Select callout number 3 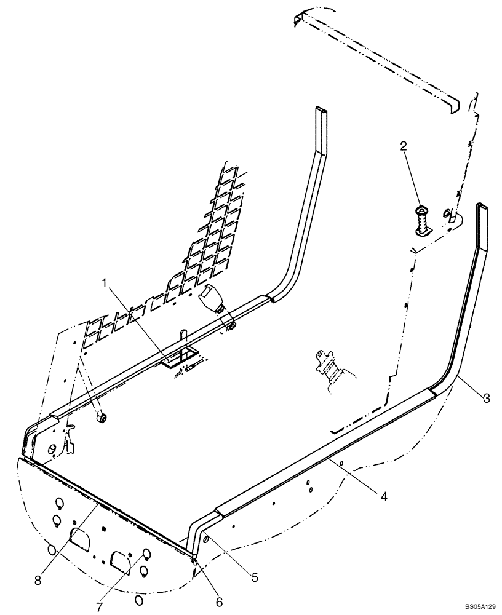[486, 399]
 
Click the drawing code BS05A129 [479, 607]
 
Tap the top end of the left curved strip [321, 117]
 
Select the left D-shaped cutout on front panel [80, 539]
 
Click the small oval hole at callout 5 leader [206, 539]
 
